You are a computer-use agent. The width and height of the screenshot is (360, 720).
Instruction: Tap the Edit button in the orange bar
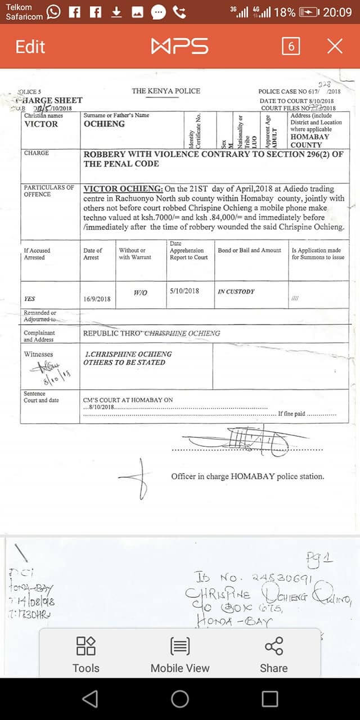(30, 46)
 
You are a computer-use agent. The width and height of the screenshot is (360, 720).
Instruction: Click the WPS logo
(179, 46)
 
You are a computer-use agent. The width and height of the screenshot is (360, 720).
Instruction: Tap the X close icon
(335, 46)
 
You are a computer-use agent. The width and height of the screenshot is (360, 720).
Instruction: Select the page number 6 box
(291, 46)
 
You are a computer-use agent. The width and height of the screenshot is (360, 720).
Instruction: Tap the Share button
(273, 655)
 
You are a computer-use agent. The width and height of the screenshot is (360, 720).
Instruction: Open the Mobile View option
(180, 655)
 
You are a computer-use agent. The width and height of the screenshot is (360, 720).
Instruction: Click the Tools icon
(86, 655)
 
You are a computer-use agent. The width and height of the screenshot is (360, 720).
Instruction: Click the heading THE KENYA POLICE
(166, 91)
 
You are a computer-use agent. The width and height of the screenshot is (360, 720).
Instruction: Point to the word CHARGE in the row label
(37, 153)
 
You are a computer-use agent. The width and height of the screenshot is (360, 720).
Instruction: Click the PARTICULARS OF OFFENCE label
(48, 191)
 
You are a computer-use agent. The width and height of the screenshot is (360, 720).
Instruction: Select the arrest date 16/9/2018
(97, 299)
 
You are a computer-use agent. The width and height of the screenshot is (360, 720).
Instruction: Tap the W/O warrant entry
(141, 293)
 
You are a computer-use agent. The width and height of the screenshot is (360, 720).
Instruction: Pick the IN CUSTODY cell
(236, 292)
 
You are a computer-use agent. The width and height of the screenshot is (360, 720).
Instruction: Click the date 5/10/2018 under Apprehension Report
(184, 291)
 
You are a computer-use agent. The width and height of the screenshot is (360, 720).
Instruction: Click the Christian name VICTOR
(41, 124)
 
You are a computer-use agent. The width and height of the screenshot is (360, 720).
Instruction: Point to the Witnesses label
(38, 354)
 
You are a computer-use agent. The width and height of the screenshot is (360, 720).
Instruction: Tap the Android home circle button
(180, 699)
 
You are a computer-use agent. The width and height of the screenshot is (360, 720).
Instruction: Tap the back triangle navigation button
(90, 699)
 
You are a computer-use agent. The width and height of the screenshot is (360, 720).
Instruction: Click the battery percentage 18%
(284, 12)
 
